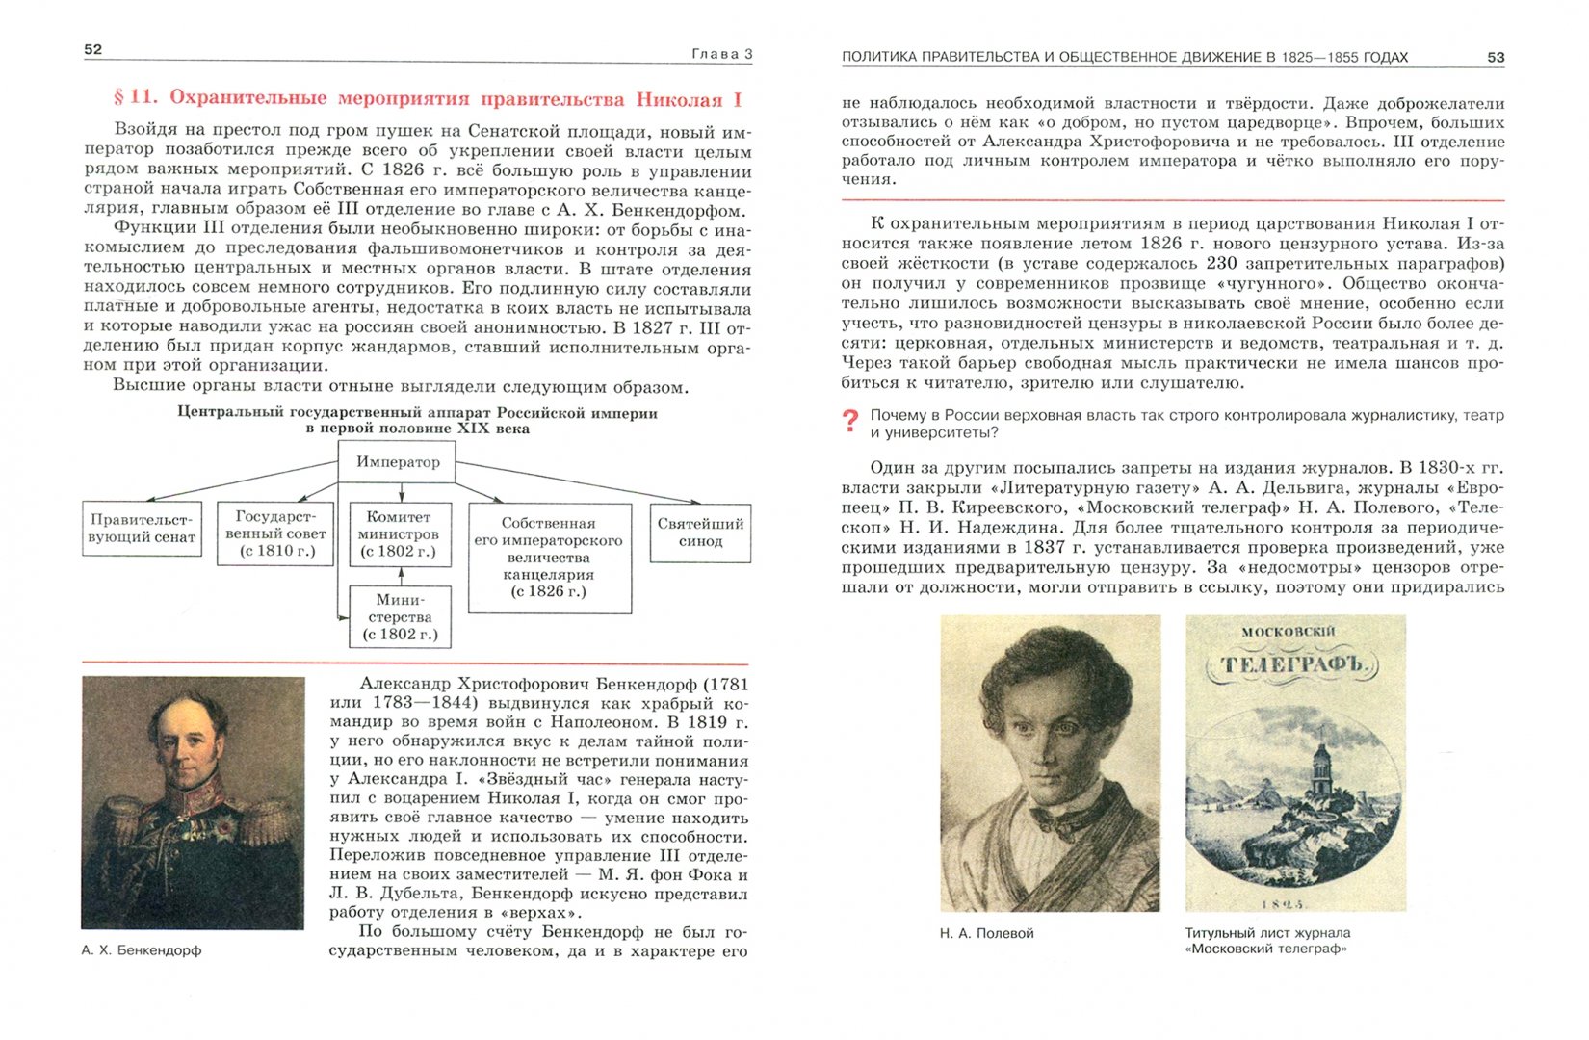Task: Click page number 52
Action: [93, 49]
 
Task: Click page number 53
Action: [1495, 58]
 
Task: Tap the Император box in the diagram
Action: [398, 462]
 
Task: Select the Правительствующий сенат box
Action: [142, 529]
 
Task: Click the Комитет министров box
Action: [398, 533]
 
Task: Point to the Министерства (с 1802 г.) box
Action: [400, 616]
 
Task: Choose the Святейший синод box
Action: [700, 533]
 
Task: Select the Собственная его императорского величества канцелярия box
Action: [549, 558]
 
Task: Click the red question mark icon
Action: [849, 421]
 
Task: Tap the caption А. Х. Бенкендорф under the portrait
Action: [142, 950]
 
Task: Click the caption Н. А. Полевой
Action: [986, 933]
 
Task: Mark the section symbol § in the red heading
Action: [119, 98]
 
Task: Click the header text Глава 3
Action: [721, 55]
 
